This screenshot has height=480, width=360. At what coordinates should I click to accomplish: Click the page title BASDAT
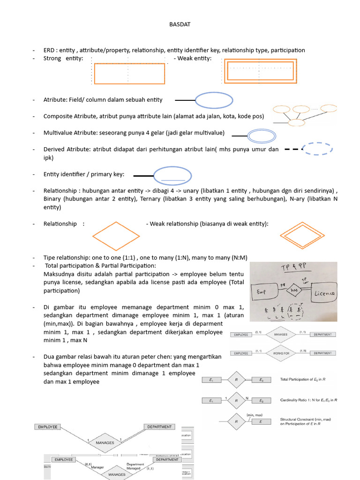click(180, 24)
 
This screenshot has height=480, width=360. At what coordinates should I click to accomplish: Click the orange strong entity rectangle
click(129, 74)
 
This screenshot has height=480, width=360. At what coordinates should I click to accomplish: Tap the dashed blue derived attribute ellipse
click(318, 149)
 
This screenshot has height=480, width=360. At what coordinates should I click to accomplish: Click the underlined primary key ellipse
click(173, 176)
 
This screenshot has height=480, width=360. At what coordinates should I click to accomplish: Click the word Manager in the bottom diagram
click(97, 467)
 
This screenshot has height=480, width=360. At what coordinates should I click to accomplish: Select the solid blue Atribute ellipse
click(214, 100)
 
